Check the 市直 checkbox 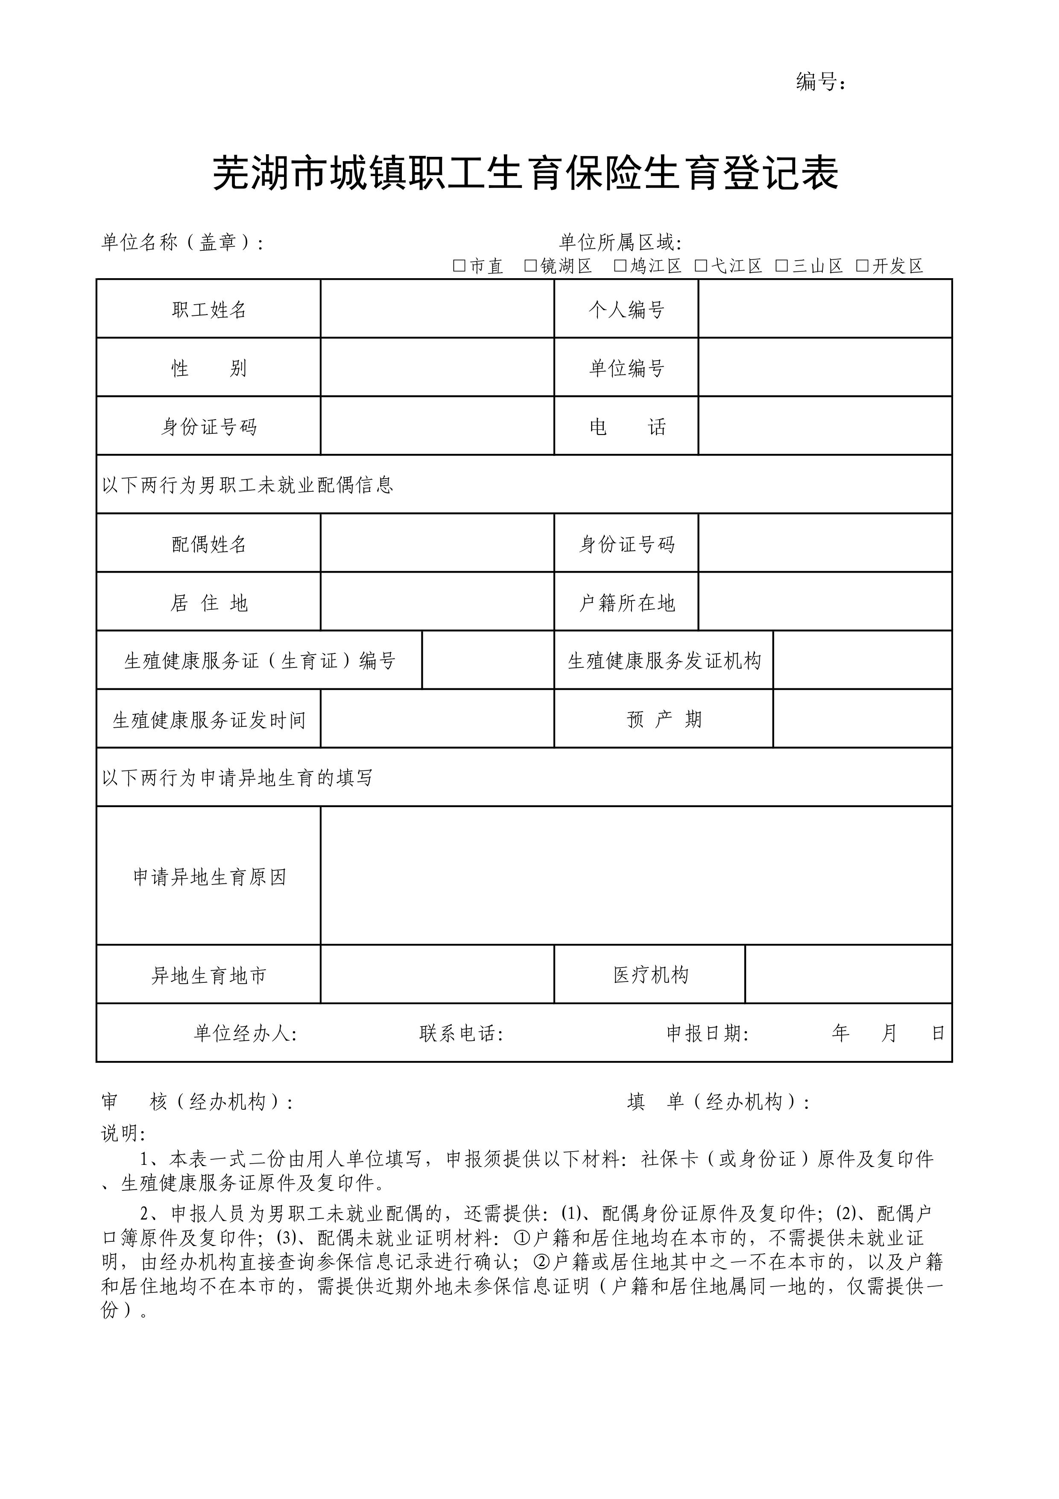coord(459,266)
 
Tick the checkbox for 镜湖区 coord(530,266)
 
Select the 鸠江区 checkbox coord(620,266)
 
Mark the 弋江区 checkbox coord(702,266)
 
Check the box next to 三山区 coord(782,266)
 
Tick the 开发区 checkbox coord(863,266)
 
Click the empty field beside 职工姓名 coord(437,309)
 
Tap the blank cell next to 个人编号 coord(825,309)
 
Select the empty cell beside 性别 coord(437,367)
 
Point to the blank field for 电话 coord(825,426)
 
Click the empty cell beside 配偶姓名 coord(437,543)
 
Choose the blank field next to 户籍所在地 coord(825,602)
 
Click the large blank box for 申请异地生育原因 coord(636,876)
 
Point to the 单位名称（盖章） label coord(183,243)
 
